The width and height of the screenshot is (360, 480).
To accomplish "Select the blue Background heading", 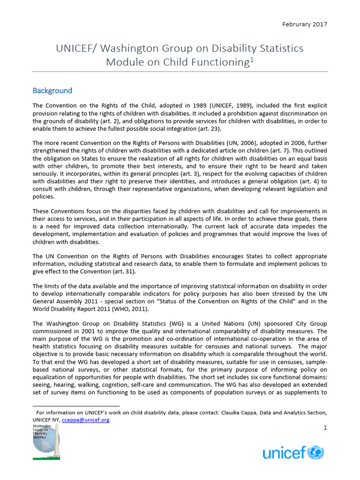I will point(52,90).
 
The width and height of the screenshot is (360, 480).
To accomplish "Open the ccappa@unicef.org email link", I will point(86,420).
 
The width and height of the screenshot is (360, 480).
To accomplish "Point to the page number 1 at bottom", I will point(325,428).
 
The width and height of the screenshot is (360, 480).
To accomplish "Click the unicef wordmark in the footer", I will point(284,453).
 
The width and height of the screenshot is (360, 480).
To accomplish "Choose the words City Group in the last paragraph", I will point(311,323).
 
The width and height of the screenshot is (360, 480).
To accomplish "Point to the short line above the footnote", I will point(76,406).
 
